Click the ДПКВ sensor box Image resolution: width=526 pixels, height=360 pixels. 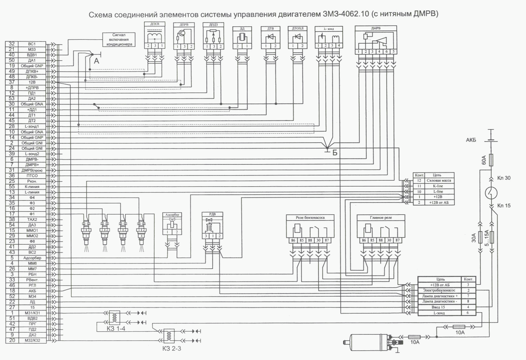click(x=154, y=36)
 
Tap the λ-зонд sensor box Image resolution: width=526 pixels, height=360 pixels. click(x=328, y=37)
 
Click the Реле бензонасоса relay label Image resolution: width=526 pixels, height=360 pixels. click(x=310, y=217)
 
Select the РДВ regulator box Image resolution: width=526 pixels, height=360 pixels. click(x=212, y=226)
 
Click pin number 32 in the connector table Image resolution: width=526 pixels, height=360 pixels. click(x=12, y=44)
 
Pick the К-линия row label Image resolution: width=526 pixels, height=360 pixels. click(x=32, y=187)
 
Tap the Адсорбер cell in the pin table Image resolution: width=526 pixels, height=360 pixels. click(x=32, y=258)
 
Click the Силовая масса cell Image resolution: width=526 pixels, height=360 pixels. click(x=439, y=180)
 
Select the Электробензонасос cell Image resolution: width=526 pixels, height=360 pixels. click(x=439, y=290)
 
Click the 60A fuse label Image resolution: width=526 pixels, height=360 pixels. click(x=484, y=160)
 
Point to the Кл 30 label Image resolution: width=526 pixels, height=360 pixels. click(x=504, y=178)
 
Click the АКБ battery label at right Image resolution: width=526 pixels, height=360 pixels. click(x=471, y=140)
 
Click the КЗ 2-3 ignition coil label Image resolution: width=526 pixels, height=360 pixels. click(x=171, y=349)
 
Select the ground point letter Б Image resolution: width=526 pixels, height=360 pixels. click(x=335, y=153)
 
